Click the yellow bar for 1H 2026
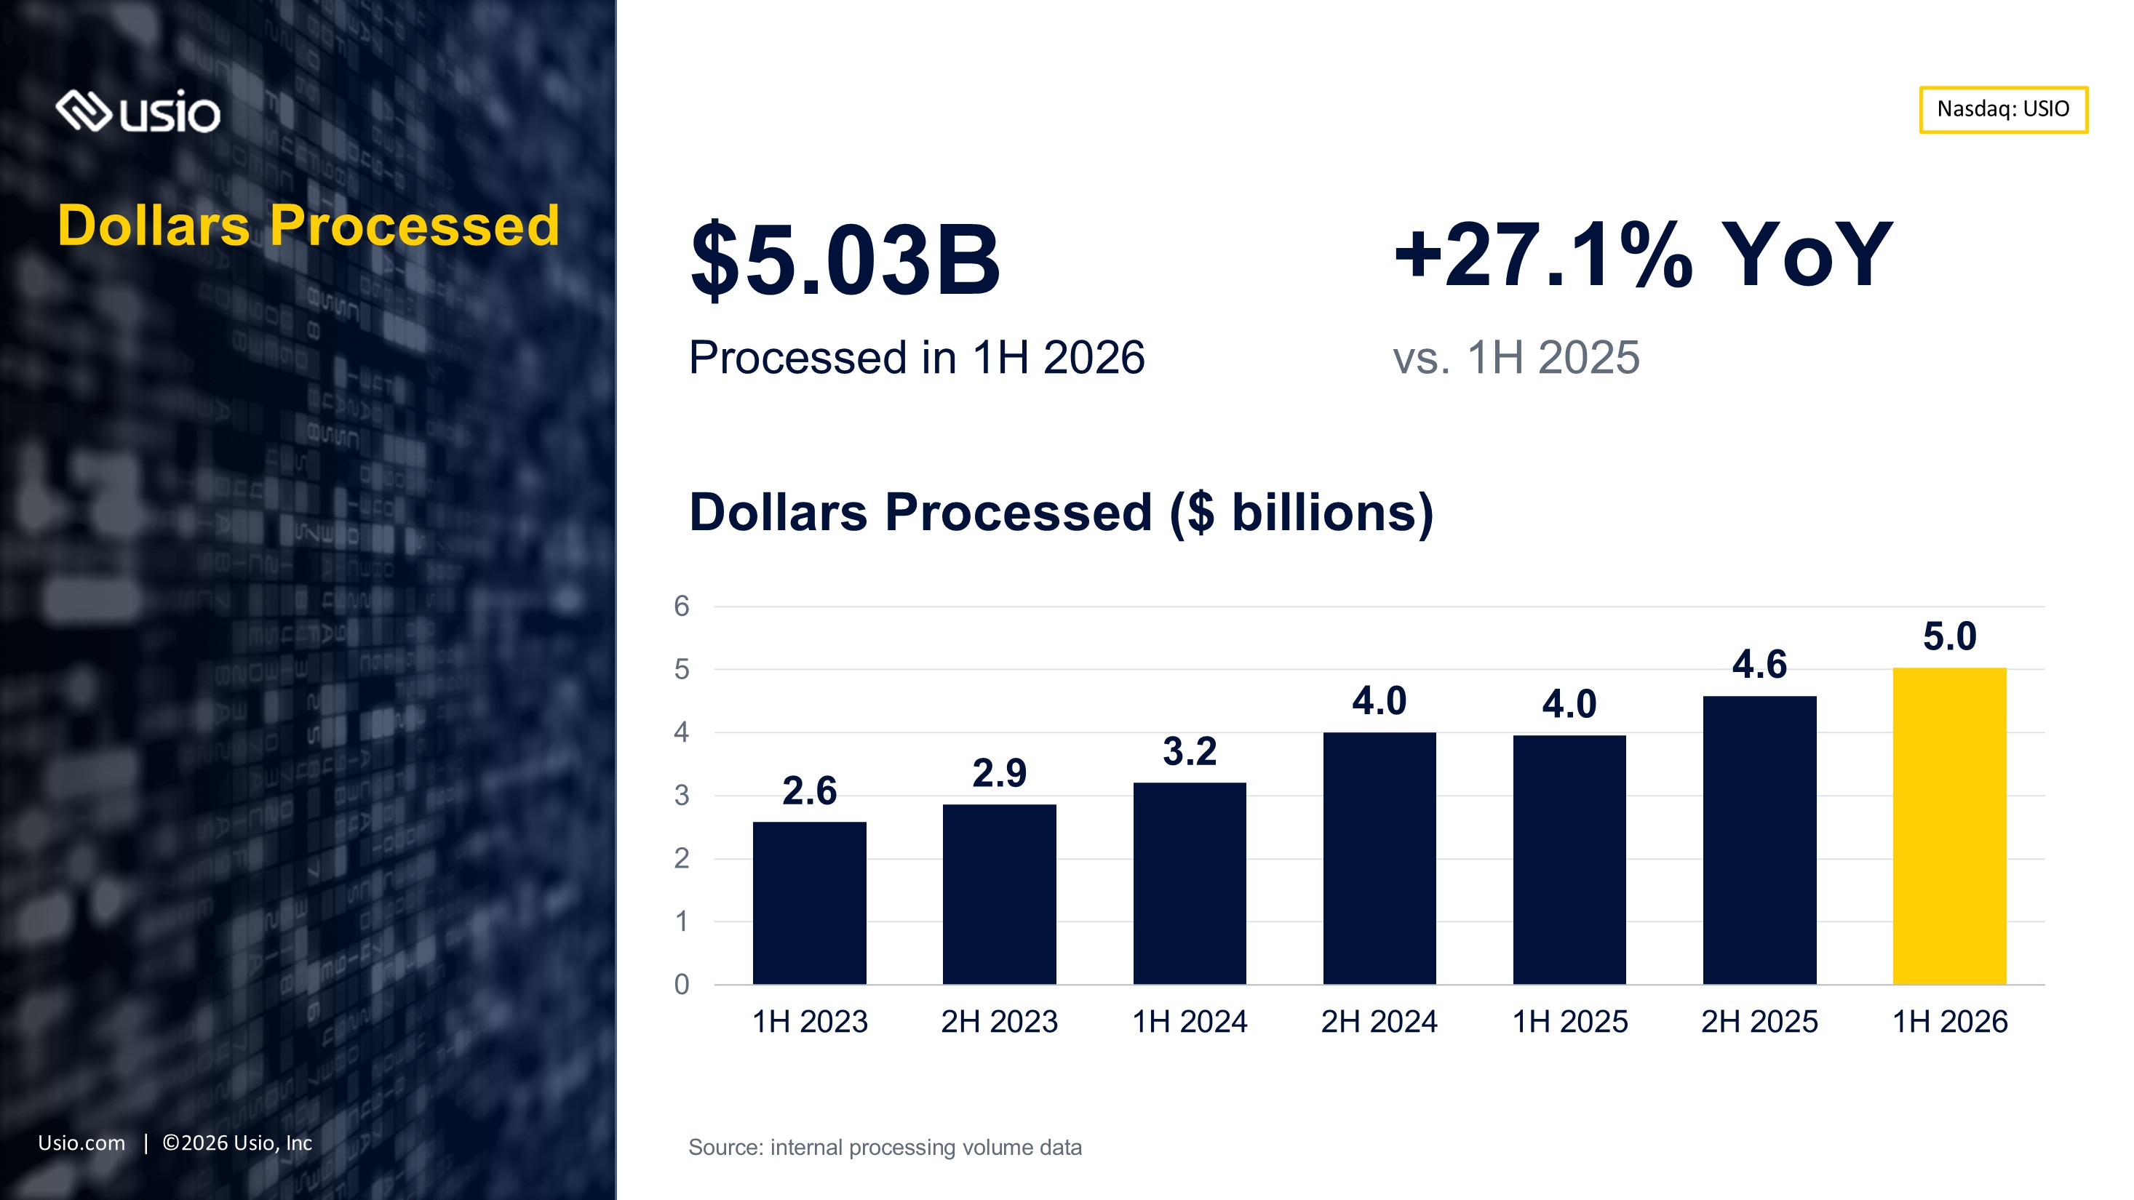point(1949,825)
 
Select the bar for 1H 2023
point(809,903)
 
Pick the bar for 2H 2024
point(1379,858)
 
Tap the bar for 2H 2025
point(1759,840)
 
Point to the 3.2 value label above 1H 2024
point(1190,751)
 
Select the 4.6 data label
point(1759,664)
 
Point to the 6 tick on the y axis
point(682,607)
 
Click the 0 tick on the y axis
point(682,984)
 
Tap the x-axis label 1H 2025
point(1570,1021)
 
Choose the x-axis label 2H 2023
point(1000,1021)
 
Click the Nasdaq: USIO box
point(2003,109)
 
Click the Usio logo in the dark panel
point(138,112)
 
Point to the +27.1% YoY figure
point(1644,255)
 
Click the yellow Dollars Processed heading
point(308,225)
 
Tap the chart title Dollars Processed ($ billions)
point(1062,513)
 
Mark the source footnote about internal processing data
point(885,1147)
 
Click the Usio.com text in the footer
point(82,1143)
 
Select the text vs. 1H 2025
point(1516,358)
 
